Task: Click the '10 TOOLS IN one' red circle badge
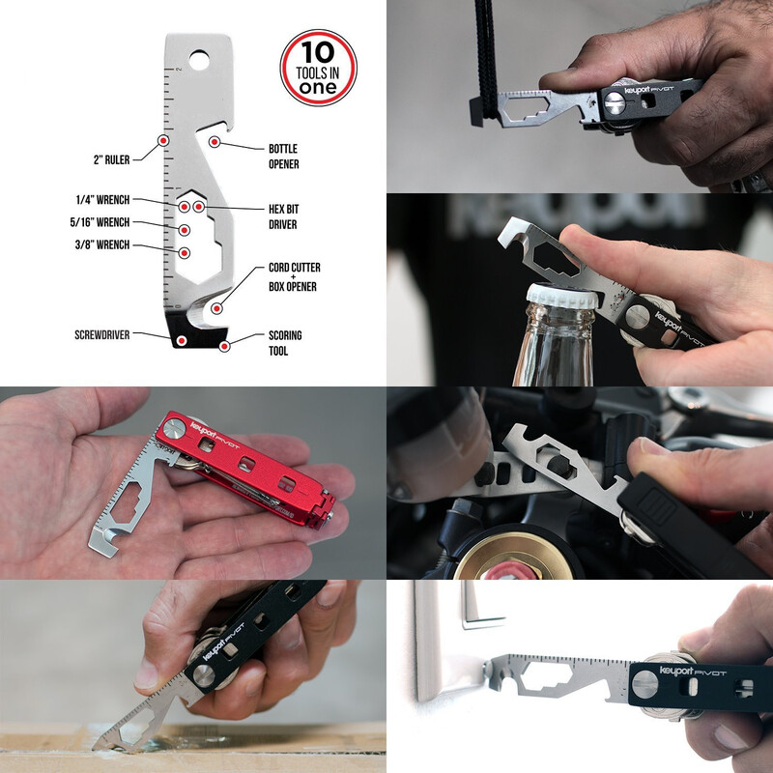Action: tap(319, 68)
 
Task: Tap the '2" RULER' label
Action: tap(111, 159)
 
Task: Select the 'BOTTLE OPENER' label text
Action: tap(283, 157)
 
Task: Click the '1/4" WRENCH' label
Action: tap(102, 200)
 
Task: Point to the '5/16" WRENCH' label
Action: tap(100, 222)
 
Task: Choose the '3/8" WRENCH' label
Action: tap(102, 244)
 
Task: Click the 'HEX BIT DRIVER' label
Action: tap(283, 216)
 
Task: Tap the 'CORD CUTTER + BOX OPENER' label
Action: tap(295, 276)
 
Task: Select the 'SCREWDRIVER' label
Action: tap(102, 334)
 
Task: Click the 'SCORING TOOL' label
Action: tap(285, 343)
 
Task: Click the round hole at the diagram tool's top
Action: tap(199, 60)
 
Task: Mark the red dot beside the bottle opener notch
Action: tap(214, 142)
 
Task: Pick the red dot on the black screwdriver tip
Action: tap(182, 340)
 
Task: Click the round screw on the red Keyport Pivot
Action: tap(174, 428)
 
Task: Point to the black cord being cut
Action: tap(485, 58)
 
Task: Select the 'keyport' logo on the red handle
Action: tap(203, 430)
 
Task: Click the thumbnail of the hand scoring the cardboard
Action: tap(193, 676)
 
